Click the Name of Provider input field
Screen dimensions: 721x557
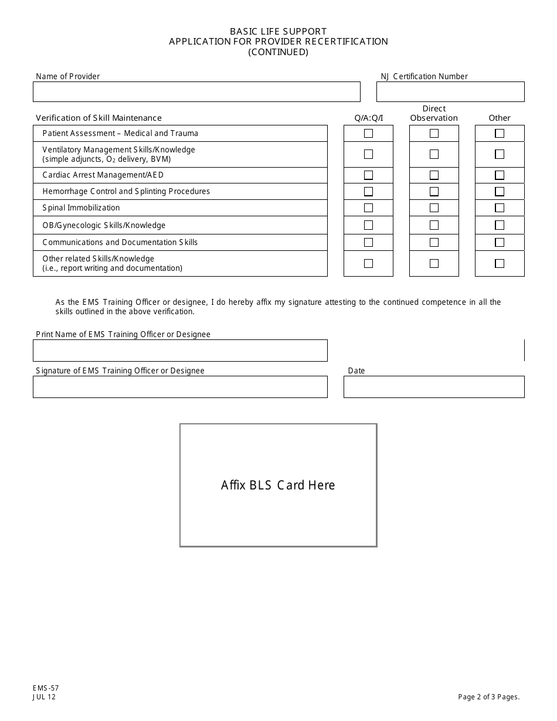point(196,92)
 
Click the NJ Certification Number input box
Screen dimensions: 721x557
point(450,92)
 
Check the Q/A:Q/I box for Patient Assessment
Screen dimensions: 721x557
point(368,134)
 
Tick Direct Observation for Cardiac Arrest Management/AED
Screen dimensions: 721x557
point(434,175)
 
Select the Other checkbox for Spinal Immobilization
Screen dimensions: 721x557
point(500,208)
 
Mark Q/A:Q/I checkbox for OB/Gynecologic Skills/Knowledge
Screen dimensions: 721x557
point(368,225)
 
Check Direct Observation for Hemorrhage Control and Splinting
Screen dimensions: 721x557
point(434,192)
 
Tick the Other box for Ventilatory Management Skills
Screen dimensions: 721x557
point(500,155)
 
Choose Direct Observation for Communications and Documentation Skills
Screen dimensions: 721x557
point(434,242)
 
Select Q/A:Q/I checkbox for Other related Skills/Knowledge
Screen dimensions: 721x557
point(368,264)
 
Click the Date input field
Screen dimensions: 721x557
point(434,387)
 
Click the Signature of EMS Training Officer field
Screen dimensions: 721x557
point(180,387)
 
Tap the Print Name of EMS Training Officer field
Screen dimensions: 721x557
point(180,351)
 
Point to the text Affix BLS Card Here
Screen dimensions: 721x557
point(278,485)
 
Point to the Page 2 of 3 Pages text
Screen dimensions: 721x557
point(489,697)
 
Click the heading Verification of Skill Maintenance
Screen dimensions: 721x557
point(99,118)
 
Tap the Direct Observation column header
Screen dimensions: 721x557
point(434,113)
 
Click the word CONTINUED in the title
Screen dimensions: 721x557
point(278,52)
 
